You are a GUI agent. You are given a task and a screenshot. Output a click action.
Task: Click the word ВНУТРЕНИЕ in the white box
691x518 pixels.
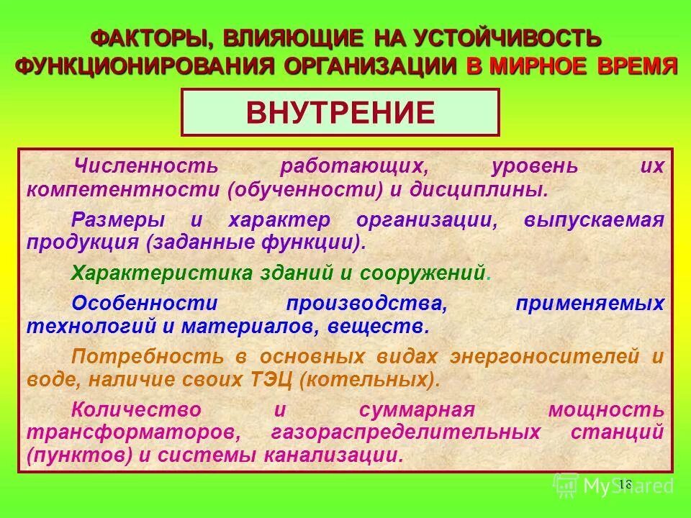point(340,112)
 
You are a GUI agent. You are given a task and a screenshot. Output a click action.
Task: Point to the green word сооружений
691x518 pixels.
point(432,273)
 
